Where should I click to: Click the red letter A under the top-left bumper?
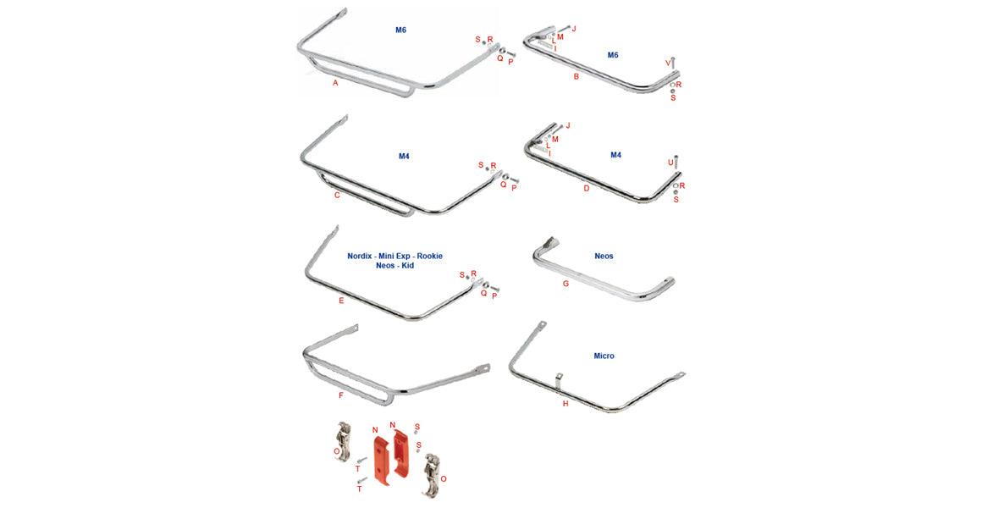[335, 83]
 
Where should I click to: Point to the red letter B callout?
[577, 77]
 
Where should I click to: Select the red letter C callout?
[337, 196]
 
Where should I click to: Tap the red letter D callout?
[587, 188]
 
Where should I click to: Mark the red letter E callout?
[341, 301]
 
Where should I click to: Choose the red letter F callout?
[341, 395]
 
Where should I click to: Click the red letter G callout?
[566, 284]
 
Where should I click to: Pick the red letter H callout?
[565, 404]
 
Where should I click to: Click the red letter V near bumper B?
[667, 63]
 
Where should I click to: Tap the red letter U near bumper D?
[670, 162]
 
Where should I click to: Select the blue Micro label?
[604, 356]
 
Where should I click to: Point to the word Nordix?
[362, 256]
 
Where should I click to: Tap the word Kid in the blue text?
[408, 266]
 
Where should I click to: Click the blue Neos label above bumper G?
[604, 256]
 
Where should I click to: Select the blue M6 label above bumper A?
[400, 30]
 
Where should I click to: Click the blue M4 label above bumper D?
[615, 156]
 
